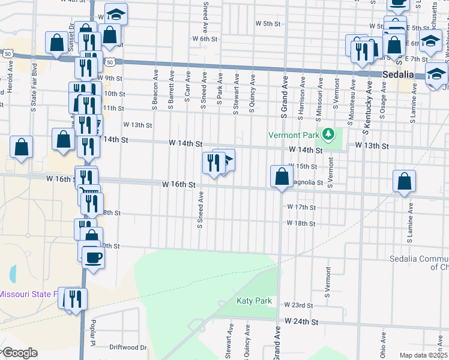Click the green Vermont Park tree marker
pyautogui.click(x=328, y=134)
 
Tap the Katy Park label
pyautogui.click(x=254, y=301)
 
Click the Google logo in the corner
pyautogui.click(x=19, y=353)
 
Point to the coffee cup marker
pyautogui.click(x=92, y=258)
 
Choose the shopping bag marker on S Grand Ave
pyautogui.click(x=282, y=177)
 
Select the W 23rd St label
pyautogui.click(x=300, y=305)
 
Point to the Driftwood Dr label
pyautogui.click(x=128, y=347)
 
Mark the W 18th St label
pyautogui.click(x=301, y=223)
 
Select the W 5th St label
pyautogui.click(x=268, y=24)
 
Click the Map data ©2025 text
pyautogui.click(x=423, y=355)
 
